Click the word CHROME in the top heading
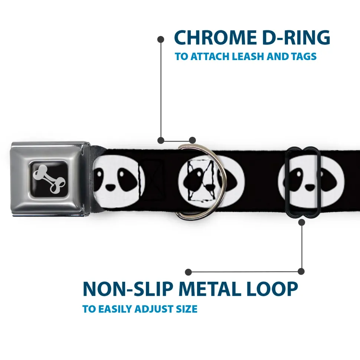[x=215, y=37]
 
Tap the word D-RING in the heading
[x=296, y=37]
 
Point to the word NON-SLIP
[x=128, y=289]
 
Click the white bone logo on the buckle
[x=49, y=179]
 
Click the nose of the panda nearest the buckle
[x=111, y=188]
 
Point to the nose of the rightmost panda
[x=310, y=188]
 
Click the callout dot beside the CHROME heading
[x=161, y=39]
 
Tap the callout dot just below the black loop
[x=302, y=222]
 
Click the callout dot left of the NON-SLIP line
[x=188, y=272]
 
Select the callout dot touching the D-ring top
[x=192, y=140]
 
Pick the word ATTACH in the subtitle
[x=210, y=56]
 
